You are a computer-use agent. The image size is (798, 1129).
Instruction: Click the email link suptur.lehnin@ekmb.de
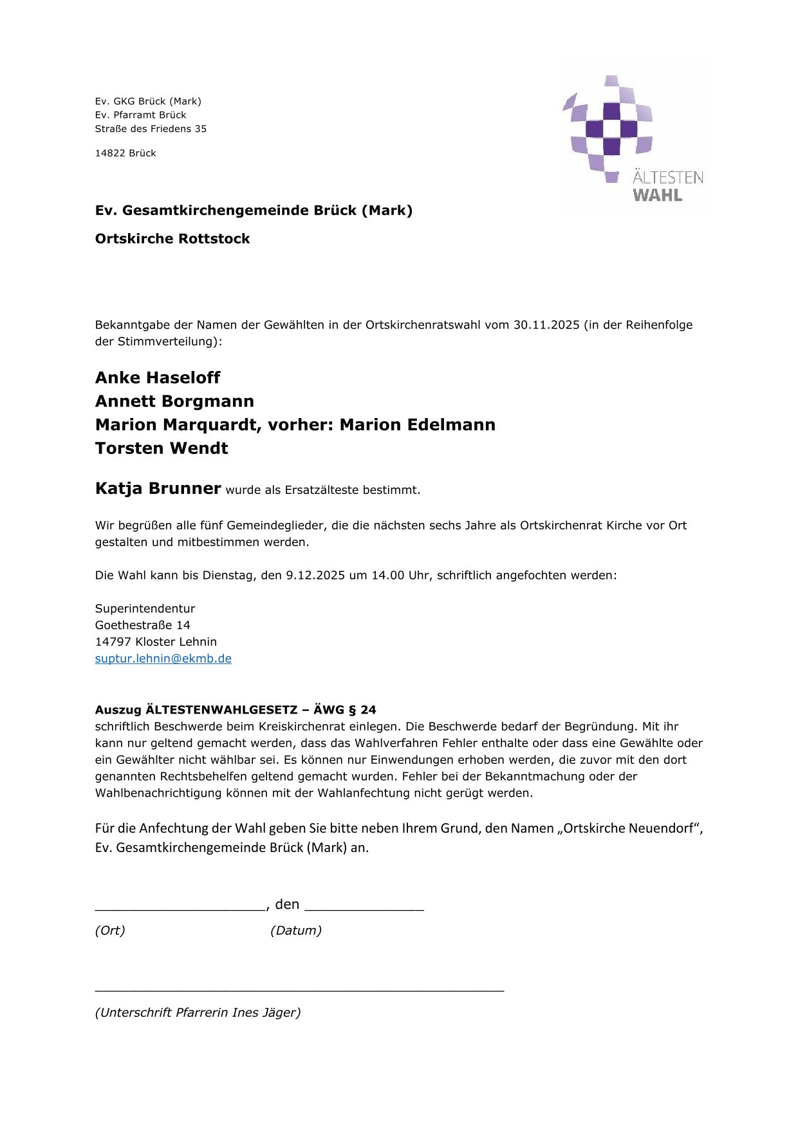[x=163, y=659]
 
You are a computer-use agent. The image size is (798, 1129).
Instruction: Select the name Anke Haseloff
[x=158, y=378]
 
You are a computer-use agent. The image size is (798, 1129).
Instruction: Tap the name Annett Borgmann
[x=174, y=401]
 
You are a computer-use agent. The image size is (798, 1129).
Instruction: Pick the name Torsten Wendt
[x=162, y=448]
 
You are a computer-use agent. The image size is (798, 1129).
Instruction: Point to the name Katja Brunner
[x=158, y=488]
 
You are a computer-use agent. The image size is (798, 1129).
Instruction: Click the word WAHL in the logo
[x=657, y=195]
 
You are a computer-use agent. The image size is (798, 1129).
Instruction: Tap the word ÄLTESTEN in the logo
[x=667, y=177]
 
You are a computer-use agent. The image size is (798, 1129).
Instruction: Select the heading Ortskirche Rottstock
[x=172, y=239]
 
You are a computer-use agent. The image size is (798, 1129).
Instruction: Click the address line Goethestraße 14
[x=142, y=625]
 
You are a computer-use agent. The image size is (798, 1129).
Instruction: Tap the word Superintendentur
[x=145, y=609]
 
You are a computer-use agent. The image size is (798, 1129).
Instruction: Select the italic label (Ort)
[x=110, y=931]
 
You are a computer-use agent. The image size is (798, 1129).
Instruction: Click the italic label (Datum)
[x=296, y=931]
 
